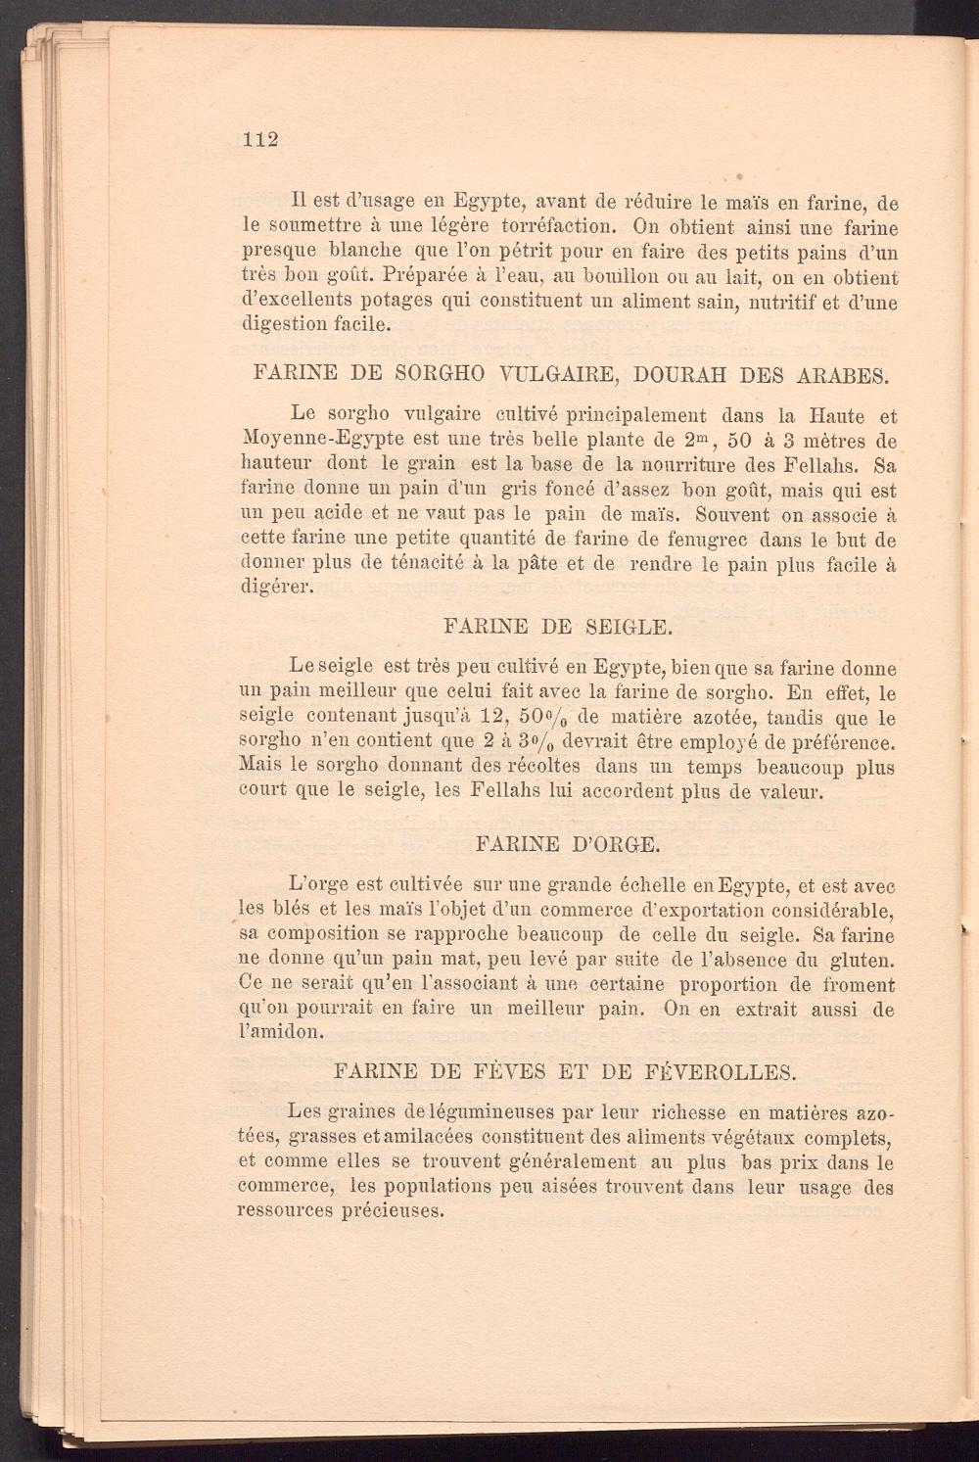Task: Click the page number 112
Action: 260,139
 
